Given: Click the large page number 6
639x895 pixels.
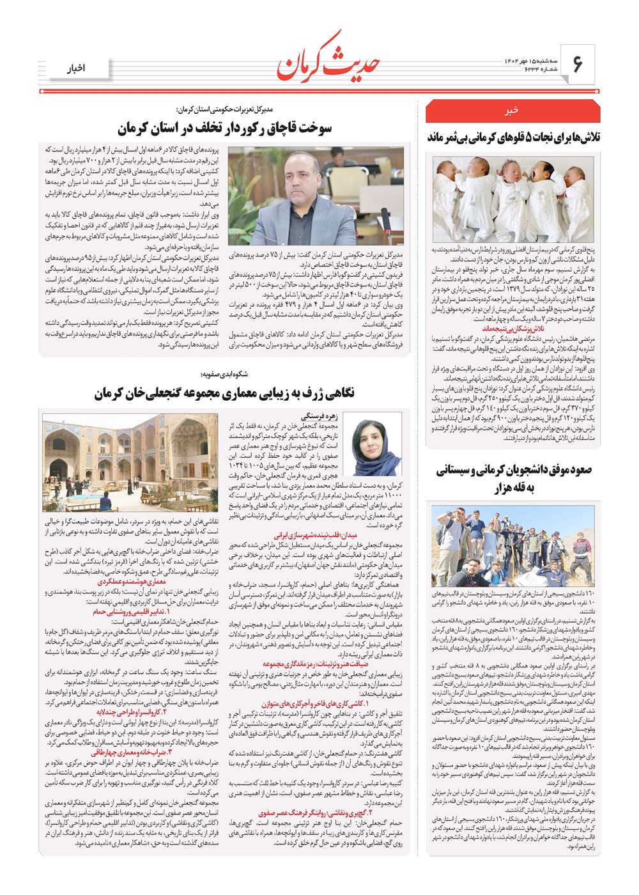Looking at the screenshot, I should (x=578, y=64).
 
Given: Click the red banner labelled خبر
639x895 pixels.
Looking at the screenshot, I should (x=512, y=111).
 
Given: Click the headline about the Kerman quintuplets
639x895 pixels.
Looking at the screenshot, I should (x=513, y=137).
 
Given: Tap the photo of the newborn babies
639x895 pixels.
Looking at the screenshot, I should (x=513, y=199).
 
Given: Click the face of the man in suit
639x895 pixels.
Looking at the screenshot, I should (x=302, y=176).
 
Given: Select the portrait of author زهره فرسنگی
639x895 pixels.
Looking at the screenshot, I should (x=372, y=444).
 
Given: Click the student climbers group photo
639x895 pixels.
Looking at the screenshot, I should (x=513, y=547).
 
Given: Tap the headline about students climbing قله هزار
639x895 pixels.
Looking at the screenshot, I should (x=513, y=479).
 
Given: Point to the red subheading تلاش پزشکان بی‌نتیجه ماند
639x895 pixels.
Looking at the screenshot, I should (x=513, y=328).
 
